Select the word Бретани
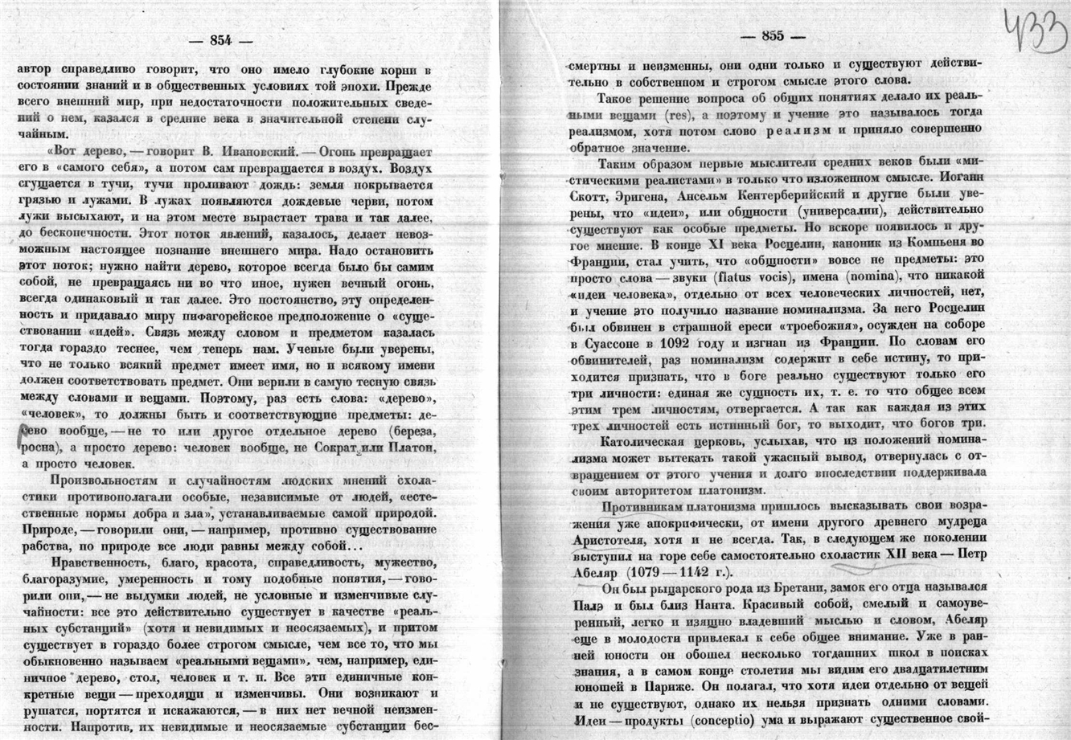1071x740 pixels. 747,588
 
